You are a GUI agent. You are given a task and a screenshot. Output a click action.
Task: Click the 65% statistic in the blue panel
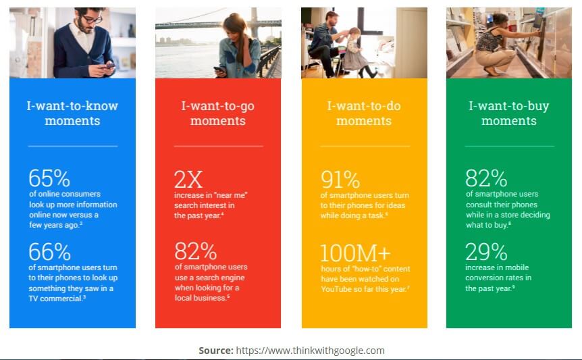coord(49,178)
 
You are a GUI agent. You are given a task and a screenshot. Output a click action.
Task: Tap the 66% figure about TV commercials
coord(50,252)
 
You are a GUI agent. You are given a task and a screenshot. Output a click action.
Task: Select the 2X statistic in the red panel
coord(188,179)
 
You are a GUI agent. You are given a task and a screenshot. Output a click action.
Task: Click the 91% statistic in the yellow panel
coord(340,180)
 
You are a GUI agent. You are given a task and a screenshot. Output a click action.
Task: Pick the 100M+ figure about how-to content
coord(355,253)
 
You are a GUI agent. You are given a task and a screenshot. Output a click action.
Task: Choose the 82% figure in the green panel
coord(486,178)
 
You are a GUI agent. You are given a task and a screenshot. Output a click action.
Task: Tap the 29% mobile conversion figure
coord(486,252)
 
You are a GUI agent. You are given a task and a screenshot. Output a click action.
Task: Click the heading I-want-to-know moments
coord(72,113)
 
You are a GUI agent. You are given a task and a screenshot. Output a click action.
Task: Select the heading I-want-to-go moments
coord(218,113)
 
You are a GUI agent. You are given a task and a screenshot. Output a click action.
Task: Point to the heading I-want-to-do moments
coord(364,113)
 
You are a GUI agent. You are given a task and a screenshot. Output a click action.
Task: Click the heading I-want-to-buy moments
coord(509,113)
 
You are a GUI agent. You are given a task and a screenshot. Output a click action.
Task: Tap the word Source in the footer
coord(216,351)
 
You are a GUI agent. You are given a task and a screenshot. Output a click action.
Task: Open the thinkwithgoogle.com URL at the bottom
coord(311,351)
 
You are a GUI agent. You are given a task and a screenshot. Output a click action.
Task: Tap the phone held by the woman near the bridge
coord(219,69)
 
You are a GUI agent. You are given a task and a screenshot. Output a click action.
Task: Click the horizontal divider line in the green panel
coord(509,146)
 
